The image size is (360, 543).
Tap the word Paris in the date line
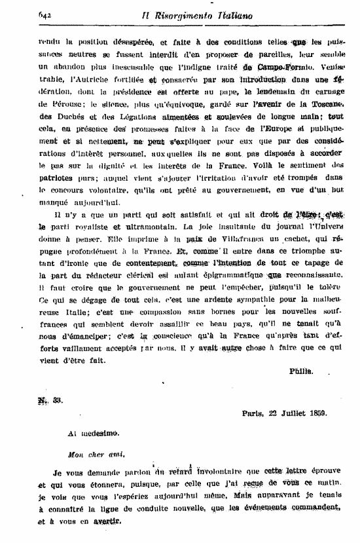click(x=252, y=413)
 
